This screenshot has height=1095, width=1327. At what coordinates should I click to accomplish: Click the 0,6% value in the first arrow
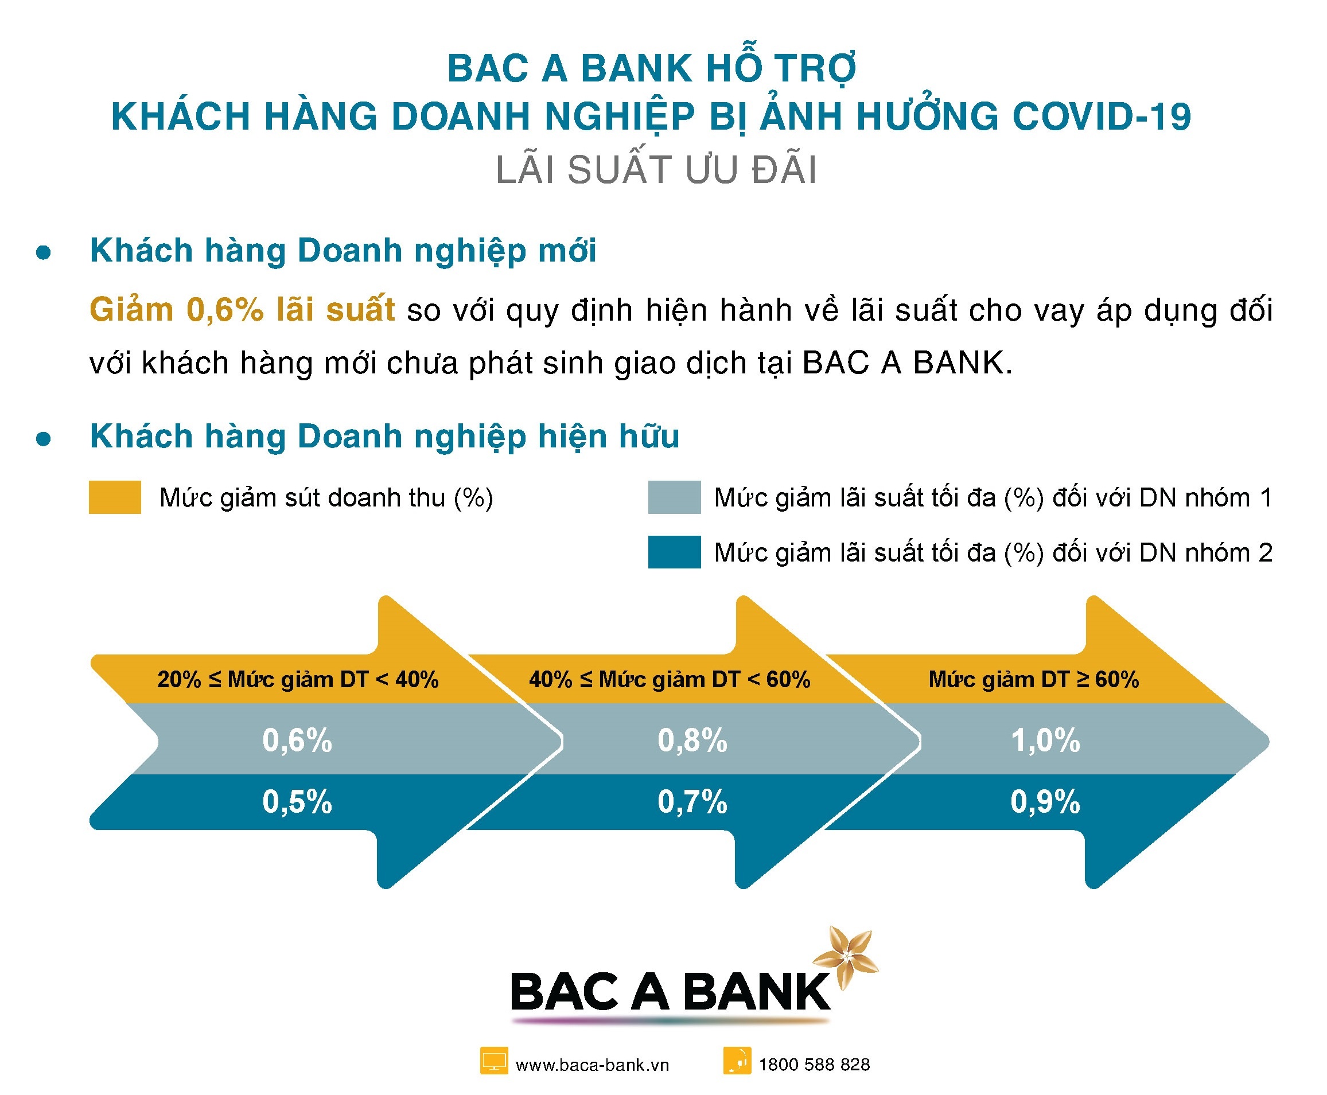coord(297,740)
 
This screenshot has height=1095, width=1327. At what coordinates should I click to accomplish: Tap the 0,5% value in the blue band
coord(297,802)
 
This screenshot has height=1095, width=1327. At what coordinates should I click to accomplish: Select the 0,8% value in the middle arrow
coord(692,740)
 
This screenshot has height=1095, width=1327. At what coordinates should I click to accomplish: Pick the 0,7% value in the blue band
coord(692,802)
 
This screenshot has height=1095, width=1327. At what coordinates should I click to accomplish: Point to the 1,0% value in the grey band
coord(1045,740)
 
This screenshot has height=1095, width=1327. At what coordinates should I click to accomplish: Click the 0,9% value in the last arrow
coord(1045,802)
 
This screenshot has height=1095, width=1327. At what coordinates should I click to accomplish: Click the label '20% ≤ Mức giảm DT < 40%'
coord(297,679)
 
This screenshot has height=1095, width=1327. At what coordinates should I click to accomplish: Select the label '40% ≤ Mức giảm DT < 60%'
coord(669,679)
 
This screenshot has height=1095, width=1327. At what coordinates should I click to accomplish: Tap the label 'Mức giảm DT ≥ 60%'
coord(1034,679)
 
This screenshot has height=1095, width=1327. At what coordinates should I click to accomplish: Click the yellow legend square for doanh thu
coord(115,497)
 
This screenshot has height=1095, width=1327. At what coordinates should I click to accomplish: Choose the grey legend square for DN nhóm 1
coord(674,497)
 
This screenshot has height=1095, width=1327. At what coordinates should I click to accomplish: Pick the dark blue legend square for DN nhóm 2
coord(674,552)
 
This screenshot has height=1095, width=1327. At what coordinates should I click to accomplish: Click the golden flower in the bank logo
coord(846,956)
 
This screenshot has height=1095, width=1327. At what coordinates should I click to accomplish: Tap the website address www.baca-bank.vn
coord(592,1065)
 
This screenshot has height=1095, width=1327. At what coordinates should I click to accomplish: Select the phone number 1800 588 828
coord(814,1065)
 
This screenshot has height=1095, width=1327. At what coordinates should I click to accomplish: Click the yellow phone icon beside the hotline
coord(737,1061)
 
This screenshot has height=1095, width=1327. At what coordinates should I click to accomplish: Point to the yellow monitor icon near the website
coord(493,1061)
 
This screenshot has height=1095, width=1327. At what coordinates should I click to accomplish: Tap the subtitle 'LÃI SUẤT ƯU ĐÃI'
coord(656,170)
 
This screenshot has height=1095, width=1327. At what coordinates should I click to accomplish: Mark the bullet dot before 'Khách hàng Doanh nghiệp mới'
coord(44,254)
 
